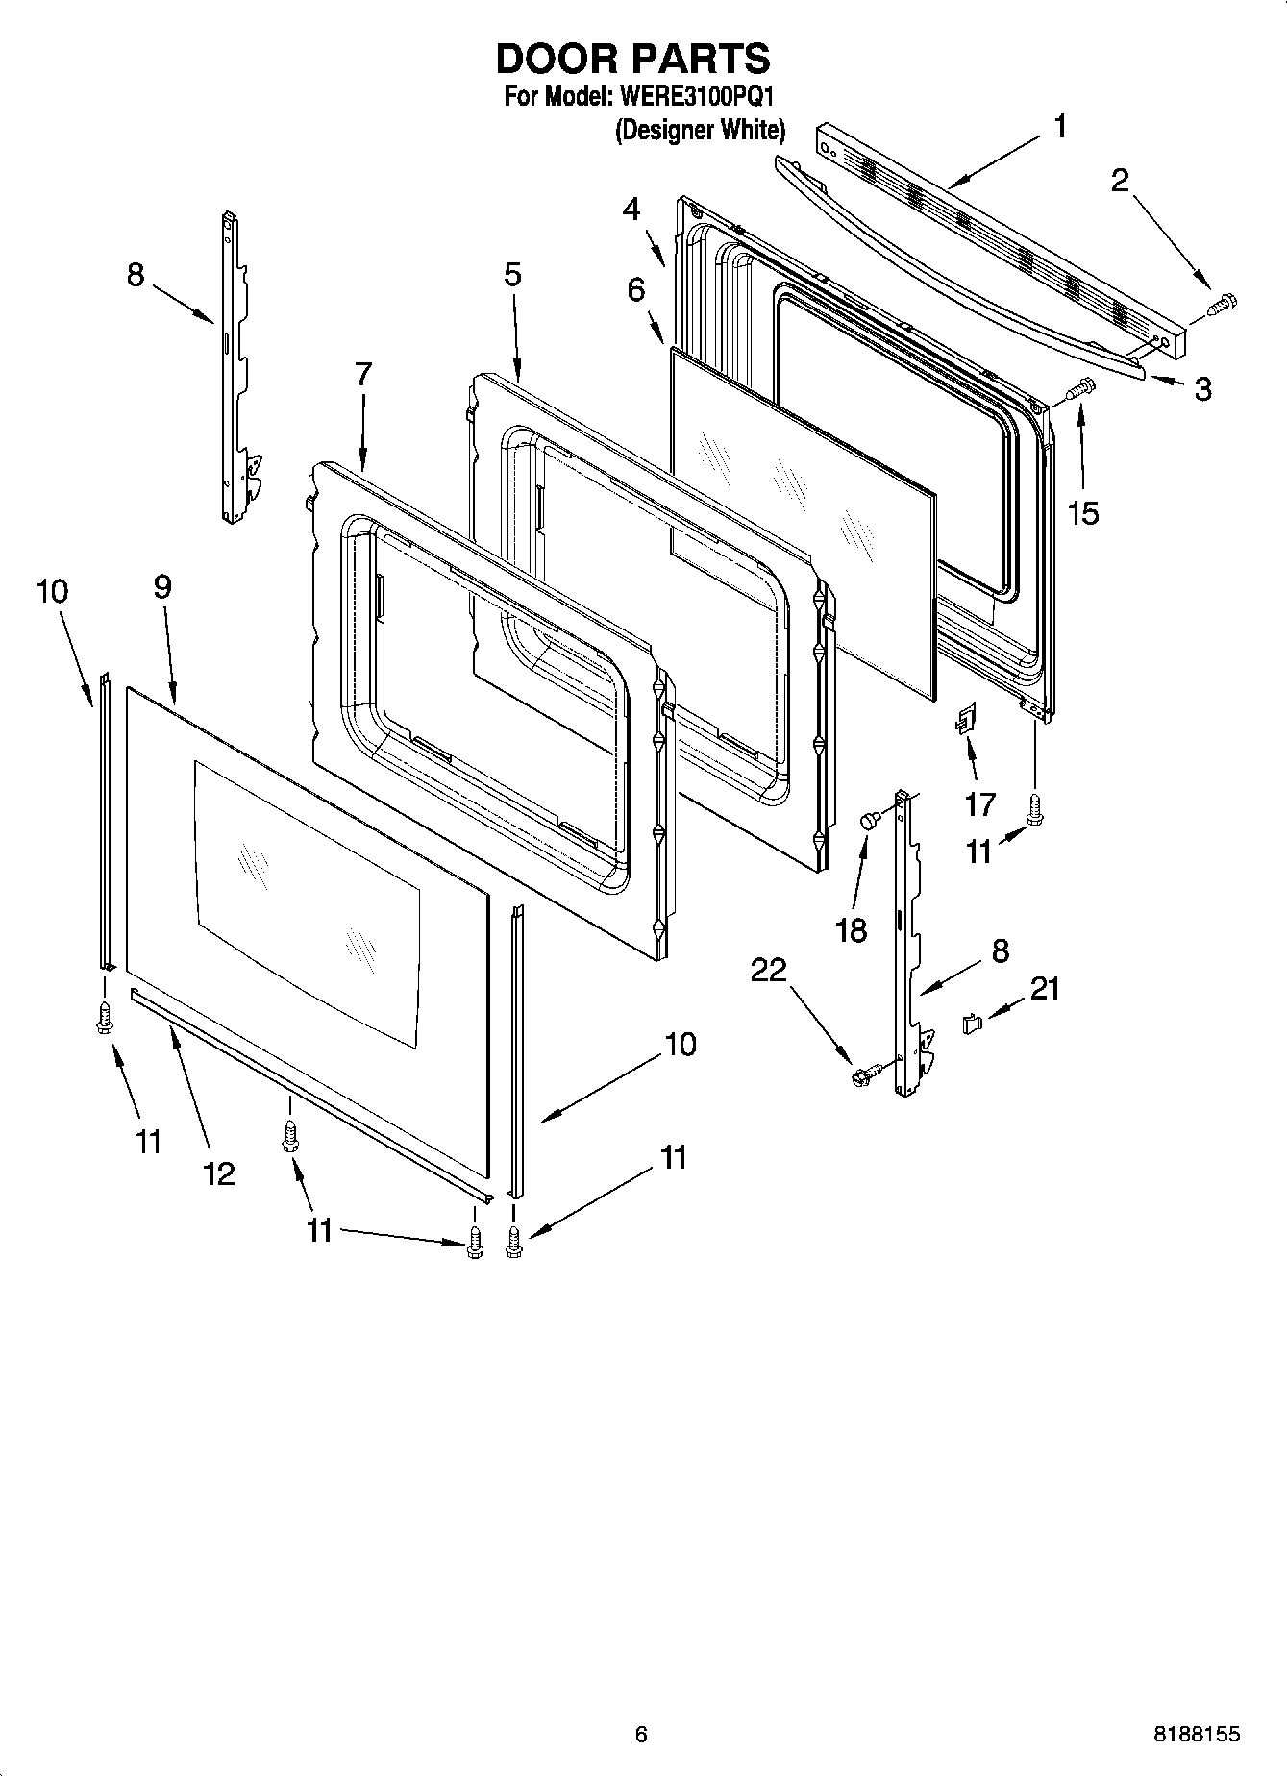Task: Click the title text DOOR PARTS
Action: point(632,60)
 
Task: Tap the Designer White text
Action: point(700,130)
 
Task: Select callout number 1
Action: point(1060,127)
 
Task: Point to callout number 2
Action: point(1120,180)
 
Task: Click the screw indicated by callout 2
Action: point(1223,305)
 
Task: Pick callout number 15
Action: point(1083,512)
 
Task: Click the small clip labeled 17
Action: point(965,718)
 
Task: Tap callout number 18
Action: point(852,929)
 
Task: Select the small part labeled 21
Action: point(972,1024)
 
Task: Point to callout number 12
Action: point(219,1172)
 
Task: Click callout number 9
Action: point(161,586)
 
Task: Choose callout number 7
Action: point(362,374)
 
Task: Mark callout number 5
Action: point(512,274)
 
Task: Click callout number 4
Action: point(631,209)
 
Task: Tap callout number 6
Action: point(636,288)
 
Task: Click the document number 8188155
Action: point(1196,1735)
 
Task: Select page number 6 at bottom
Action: point(641,1735)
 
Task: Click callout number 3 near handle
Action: point(1202,389)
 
